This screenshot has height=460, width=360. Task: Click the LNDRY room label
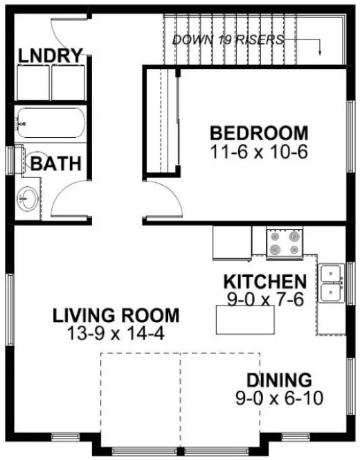[x=51, y=54]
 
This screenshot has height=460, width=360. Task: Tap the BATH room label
[x=55, y=164]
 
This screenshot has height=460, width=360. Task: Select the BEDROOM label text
[x=258, y=132]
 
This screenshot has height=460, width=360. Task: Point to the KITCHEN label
[x=264, y=281]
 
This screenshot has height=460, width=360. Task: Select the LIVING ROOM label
[x=116, y=316]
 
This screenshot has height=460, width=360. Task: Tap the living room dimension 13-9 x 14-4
[x=116, y=333]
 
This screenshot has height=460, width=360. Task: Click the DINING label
[x=280, y=380]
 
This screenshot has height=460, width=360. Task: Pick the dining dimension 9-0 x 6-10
[x=280, y=398]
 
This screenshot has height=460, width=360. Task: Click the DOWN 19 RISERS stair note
[x=228, y=39]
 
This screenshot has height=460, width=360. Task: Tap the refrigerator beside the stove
[x=232, y=242]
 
